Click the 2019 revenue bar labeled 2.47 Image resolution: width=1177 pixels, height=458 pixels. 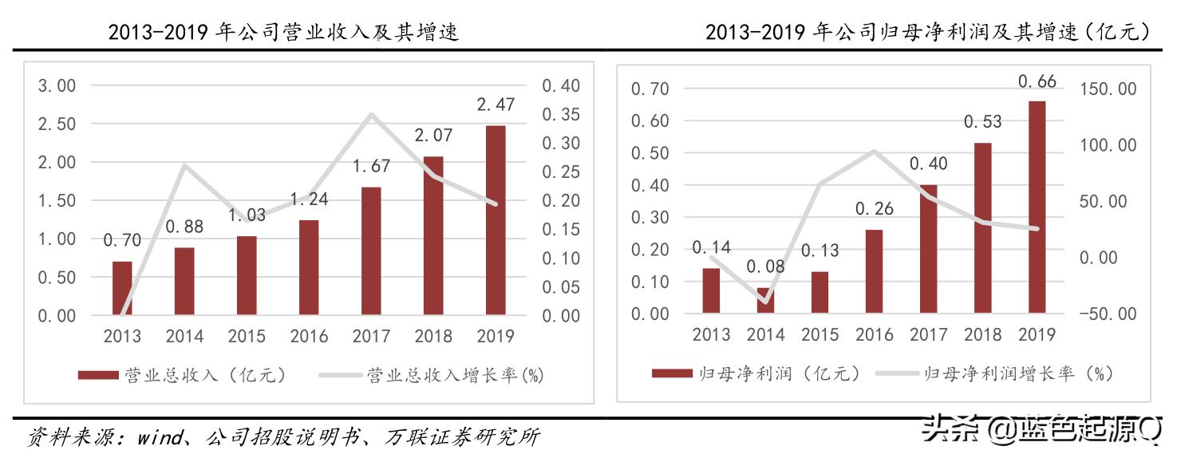click(x=495, y=220)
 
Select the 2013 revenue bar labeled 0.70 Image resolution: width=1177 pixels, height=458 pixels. click(x=122, y=288)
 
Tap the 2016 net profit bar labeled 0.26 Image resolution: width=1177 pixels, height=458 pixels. click(x=874, y=270)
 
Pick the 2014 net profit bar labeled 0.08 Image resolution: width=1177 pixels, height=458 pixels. click(x=765, y=300)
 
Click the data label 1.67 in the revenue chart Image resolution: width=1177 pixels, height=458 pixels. click(x=371, y=166)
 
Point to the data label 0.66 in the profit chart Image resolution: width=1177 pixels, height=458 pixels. click(x=1037, y=81)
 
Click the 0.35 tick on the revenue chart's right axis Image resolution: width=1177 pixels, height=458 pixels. click(x=562, y=114)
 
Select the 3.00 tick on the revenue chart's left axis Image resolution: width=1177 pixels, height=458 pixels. click(x=57, y=85)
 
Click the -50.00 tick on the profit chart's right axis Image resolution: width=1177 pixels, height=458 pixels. click(x=1106, y=314)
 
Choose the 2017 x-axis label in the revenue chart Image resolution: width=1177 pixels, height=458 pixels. click(x=371, y=336)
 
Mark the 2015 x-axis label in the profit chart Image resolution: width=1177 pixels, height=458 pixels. click(x=820, y=334)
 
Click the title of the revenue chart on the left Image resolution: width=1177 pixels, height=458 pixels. click(x=283, y=32)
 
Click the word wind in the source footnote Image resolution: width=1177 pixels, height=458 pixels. click(x=159, y=437)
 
